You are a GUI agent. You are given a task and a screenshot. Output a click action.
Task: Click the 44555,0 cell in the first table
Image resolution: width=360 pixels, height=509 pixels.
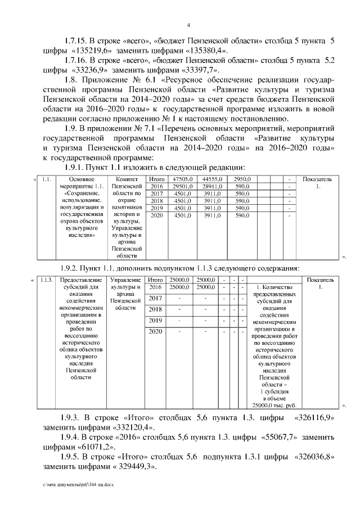click(212, 179)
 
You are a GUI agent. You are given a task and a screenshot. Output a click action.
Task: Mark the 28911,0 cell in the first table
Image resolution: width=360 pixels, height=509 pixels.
click(212, 186)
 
